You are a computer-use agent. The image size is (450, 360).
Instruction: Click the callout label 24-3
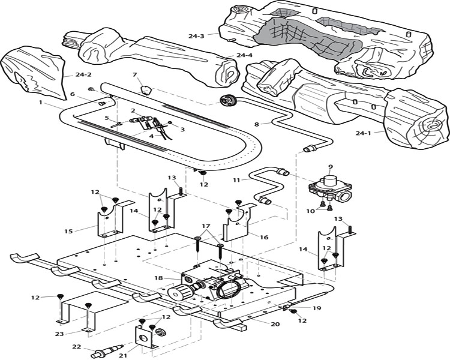(x=196, y=36)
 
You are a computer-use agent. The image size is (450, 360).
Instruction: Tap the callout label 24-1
(x=364, y=133)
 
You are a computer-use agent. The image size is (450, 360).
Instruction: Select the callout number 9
(x=331, y=166)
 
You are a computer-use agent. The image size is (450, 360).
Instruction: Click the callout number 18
(x=158, y=278)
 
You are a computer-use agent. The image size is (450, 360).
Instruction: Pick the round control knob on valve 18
(x=175, y=293)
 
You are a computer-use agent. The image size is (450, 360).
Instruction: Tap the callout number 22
(x=77, y=347)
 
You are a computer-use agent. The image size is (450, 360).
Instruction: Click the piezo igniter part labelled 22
(x=107, y=352)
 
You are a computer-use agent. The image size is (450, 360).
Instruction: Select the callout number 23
(x=59, y=334)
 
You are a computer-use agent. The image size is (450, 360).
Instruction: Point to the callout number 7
(x=134, y=74)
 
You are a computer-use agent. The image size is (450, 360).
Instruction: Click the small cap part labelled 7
(x=146, y=90)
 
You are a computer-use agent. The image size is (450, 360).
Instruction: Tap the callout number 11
(x=236, y=180)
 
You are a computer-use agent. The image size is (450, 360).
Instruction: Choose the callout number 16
(x=264, y=237)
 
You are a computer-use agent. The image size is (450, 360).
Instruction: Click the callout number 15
(x=68, y=231)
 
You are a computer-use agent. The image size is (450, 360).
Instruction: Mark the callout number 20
(x=275, y=324)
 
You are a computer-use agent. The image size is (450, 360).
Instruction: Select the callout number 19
(x=317, y=308)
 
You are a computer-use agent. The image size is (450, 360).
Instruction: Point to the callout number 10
(x=311, y=211)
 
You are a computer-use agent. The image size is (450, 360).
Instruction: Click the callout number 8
(x=257, y=124)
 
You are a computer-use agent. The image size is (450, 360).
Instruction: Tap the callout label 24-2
(x=83, y=74)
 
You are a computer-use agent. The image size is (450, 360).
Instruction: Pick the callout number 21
(x=123, y=355)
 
